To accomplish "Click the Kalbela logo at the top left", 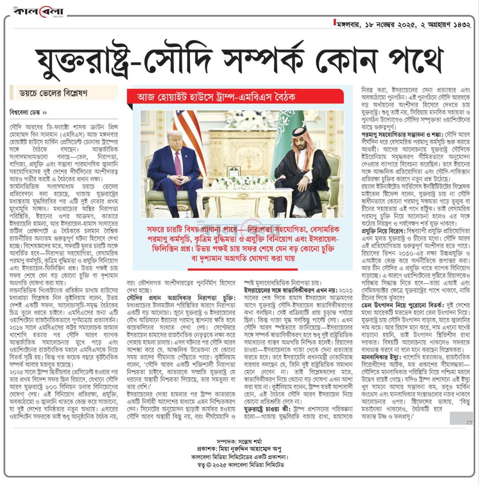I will (38, 12).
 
